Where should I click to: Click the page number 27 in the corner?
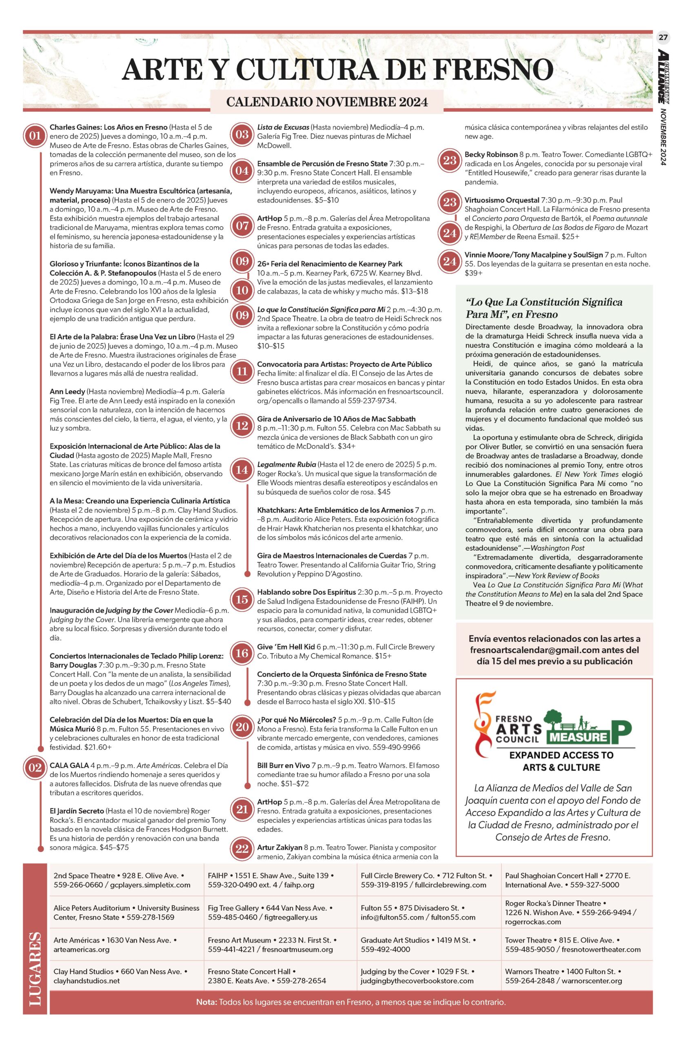(x=663, y=38)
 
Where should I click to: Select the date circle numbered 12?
(x=242, y=426)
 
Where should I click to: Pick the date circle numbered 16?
(x=242, y=654)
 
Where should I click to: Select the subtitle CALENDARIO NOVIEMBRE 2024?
(x=327, y=102)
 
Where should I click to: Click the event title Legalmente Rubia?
(x=286, y=465)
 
